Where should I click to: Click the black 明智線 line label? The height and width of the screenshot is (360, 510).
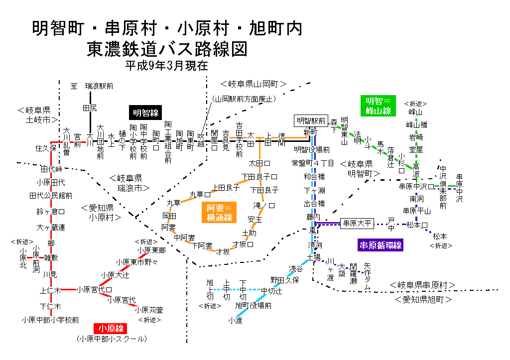144,113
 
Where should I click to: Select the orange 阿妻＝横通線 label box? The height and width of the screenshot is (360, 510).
219,213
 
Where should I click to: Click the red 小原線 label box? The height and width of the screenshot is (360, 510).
110,328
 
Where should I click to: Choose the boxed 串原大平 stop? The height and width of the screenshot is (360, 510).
357,224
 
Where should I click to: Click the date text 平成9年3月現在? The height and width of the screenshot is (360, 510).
166,65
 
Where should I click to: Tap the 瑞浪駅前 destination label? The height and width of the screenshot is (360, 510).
99,86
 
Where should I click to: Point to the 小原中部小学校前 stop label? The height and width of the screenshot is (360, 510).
50,320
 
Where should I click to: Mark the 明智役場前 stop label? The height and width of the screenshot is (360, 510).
311,149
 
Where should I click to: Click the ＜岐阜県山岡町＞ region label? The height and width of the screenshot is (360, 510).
254,84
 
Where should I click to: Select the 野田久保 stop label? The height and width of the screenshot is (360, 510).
284,280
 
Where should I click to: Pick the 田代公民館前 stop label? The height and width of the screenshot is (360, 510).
51,195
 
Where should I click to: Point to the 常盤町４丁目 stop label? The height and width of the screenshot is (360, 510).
313,163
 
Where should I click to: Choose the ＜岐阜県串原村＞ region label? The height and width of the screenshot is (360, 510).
423,285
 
